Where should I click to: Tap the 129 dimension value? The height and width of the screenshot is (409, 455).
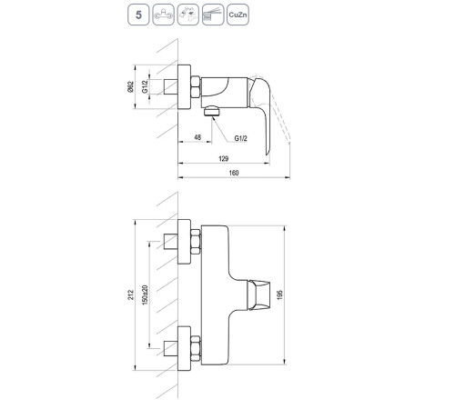pyautogui.click(x=236, y=158)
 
